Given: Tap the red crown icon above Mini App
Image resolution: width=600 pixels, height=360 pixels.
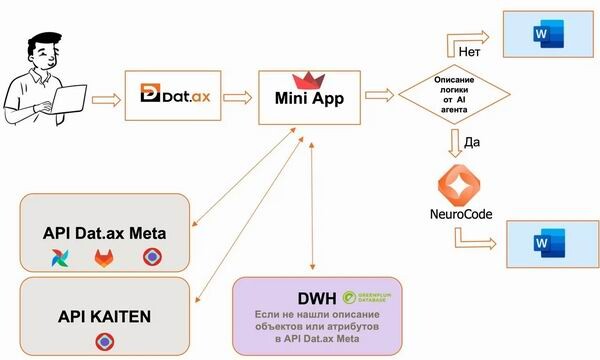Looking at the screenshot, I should pos(301,80).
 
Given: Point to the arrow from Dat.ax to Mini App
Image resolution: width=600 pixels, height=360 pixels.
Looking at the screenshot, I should pos(237,97).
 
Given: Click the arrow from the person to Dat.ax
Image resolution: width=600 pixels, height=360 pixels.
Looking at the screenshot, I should pos(102,97).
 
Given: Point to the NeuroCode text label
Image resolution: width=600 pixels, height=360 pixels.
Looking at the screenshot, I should pos(459,215).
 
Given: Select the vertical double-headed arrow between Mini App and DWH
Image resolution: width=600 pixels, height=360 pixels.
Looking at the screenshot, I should pos(314,205).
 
